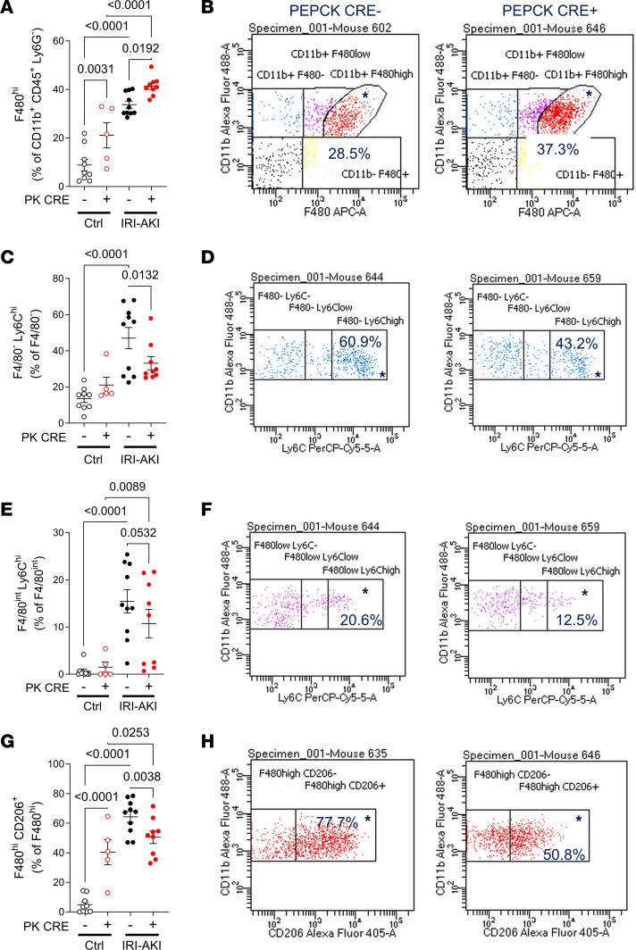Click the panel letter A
(8, 9)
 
